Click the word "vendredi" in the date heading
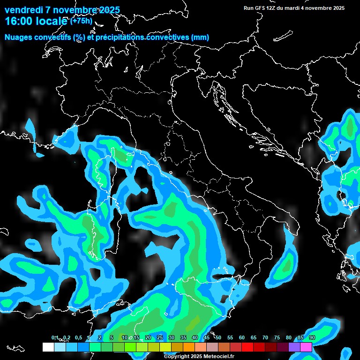point(21,10)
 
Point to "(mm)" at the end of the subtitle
point(200,37)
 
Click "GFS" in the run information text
point(262,8)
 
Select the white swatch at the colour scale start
point(48,347)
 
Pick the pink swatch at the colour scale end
point(306,347)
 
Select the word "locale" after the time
point(52,21)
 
